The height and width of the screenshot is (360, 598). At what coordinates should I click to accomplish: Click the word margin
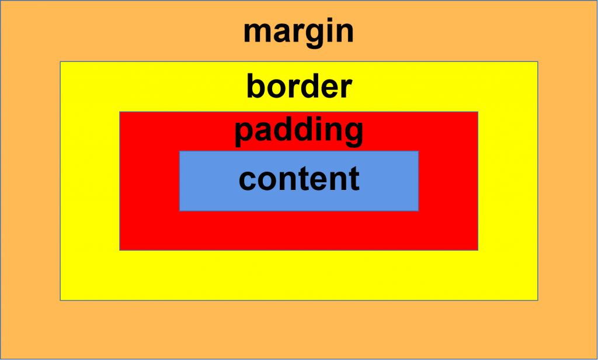pyautogui.click(x=298, y=32)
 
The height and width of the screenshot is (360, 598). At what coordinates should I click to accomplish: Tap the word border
pyautogui.click(x=299, y=86)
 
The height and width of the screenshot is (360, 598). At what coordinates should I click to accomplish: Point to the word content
pyautogui.click(x=299, y=178)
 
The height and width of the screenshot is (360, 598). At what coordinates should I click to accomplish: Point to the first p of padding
pyautogui.click(x=244, y=136)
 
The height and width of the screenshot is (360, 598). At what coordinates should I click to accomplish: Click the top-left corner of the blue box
pyautogui.click(x=179, y=151)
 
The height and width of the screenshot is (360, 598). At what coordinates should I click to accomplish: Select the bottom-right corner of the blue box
pyautogui.click(x=419, y=210)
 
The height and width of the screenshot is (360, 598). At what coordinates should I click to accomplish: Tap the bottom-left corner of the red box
pyautogui.click(x=120, y=250)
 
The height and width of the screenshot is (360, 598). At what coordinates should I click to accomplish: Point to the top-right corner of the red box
pyautogui.click(x=478, y=112)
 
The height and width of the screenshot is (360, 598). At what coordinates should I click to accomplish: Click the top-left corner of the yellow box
pyautogui.click(x=60, y=61)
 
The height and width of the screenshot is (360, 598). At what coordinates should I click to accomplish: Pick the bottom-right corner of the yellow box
pyautogui.click(x=537, y=300)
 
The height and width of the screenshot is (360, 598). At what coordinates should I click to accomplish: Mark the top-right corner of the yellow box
pyautogui.click(x=537, y=61)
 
